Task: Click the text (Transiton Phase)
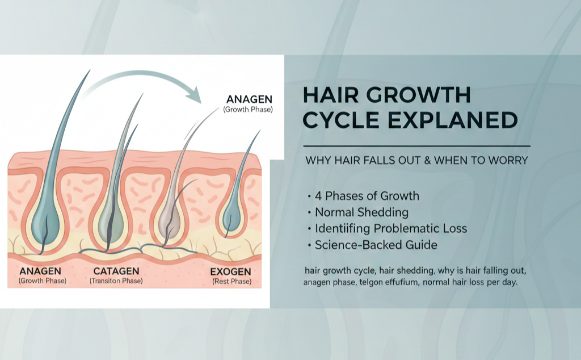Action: pyautogui.click(x=116, y=281)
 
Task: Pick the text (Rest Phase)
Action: pyautogui.click(x=231, y=281)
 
